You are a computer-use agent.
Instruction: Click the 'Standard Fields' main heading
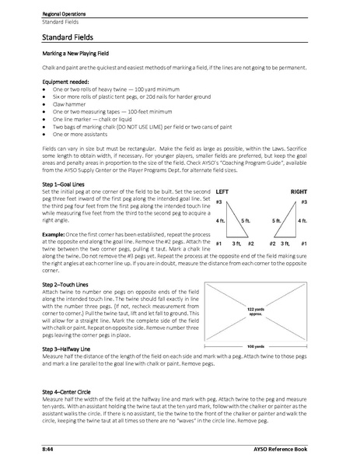(x=74, y=36)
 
